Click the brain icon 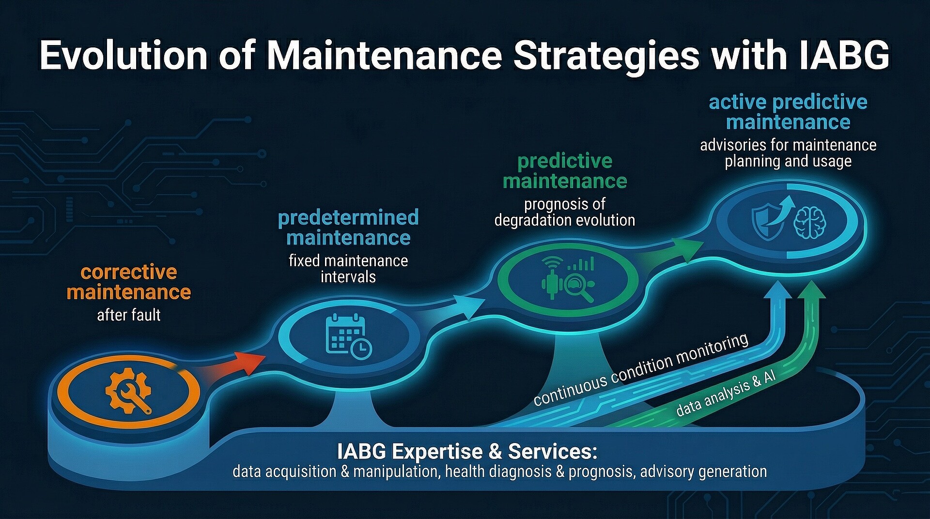(x=810, y=222)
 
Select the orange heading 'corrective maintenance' (x=129, y=282)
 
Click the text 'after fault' (x=129, y=315)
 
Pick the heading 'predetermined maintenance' (x=348, y=228)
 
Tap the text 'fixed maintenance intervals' (x=348, y=269)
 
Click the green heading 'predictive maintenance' (x=565, y=171)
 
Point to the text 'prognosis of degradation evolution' (x=565, y=212)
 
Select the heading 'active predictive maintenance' (x=788, y=112)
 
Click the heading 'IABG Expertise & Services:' (x=467, y=452)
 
